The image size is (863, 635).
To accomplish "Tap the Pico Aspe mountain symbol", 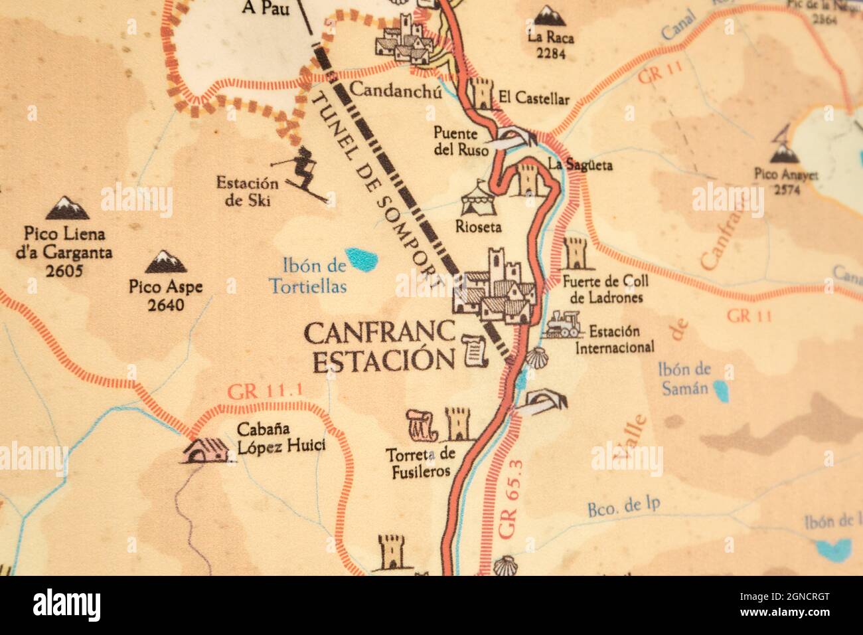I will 166,262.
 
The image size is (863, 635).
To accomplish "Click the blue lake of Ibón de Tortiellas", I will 362,259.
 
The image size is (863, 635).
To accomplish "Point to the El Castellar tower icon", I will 482,94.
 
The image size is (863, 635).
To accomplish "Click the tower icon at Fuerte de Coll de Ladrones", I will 575,254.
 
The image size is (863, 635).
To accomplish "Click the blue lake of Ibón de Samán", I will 720,388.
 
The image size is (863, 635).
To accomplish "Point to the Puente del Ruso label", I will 455,141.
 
